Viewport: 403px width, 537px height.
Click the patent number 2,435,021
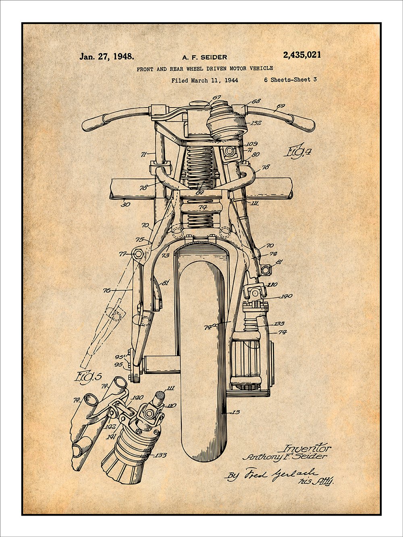[302, 55]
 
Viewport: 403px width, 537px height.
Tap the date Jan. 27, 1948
[106, 56]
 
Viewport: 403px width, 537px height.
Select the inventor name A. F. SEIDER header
[204, 57]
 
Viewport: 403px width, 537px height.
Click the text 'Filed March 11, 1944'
[204, 80]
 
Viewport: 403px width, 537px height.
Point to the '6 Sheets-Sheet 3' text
[290, 80]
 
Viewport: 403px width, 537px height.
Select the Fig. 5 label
[88, 377]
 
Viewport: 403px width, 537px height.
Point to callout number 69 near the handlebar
[280, 107]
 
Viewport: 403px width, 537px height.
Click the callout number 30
[126, 204]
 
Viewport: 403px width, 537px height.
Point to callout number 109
[252, 144]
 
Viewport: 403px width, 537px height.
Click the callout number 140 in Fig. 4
[287, 296]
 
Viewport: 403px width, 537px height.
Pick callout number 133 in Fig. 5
[161, 456]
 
